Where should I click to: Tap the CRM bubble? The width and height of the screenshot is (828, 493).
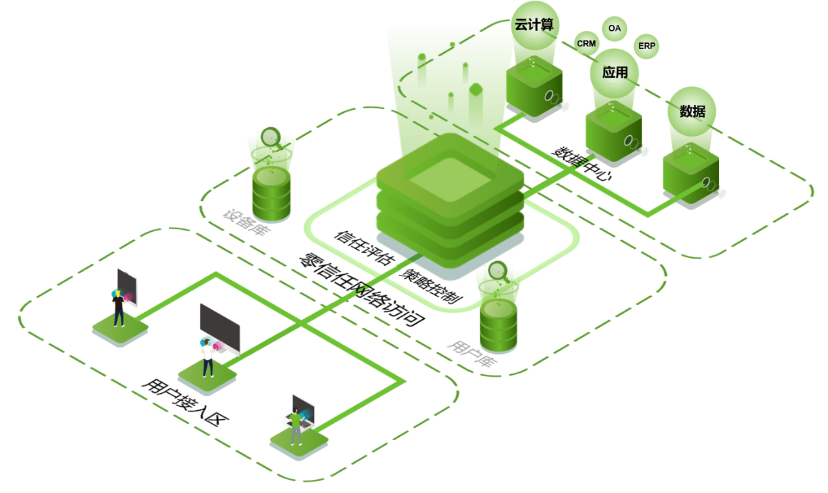[586, 43]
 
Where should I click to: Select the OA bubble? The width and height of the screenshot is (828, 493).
[614, 29]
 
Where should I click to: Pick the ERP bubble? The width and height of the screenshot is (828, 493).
[646, 46]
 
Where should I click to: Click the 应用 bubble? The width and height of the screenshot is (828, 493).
[615, 72]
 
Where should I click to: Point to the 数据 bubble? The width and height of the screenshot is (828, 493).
[692, 112]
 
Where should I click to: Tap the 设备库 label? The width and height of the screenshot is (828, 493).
[246, 222]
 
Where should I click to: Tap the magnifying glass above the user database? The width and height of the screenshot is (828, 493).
[499, 270]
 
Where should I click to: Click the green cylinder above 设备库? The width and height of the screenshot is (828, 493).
[271, 193]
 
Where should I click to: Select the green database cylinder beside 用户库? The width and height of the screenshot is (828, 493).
[498, 325]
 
